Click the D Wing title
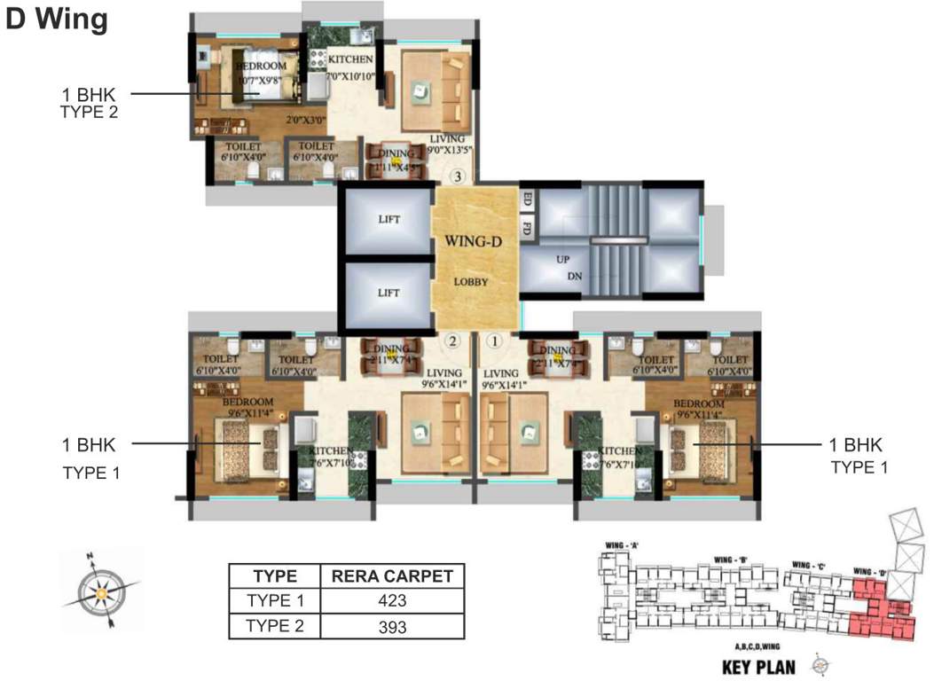[57, 20]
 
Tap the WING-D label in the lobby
[474, 240]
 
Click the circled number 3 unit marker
[457, 176]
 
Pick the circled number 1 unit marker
[495, 340]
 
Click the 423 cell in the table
[391, 600]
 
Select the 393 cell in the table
[391, 627]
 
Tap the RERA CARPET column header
[391, 575]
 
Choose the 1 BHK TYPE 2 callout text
[89, 102]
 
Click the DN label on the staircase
[576, 278]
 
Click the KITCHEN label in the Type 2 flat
[350, 60]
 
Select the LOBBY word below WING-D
[472, 282]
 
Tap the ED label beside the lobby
[527, 198]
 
